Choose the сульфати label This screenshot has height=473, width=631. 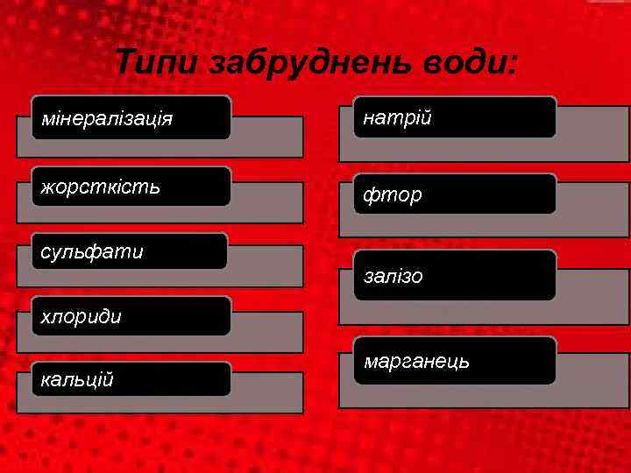pos(92,252)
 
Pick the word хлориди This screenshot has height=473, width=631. pos(82,316)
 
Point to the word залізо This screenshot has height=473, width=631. pos(393,276)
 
